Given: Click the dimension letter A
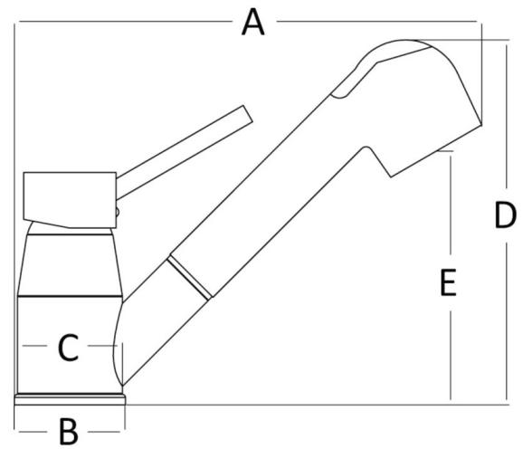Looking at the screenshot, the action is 253,22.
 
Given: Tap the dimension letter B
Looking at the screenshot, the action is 69,432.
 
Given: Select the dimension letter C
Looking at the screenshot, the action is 68,347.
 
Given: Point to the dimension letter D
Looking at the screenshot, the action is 505,215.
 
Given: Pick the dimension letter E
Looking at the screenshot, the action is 448,282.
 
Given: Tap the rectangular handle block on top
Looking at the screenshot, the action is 70,200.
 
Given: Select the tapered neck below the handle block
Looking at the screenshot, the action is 70,265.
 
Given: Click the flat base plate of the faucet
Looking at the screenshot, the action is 70,399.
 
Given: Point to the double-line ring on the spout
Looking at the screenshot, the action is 188,278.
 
